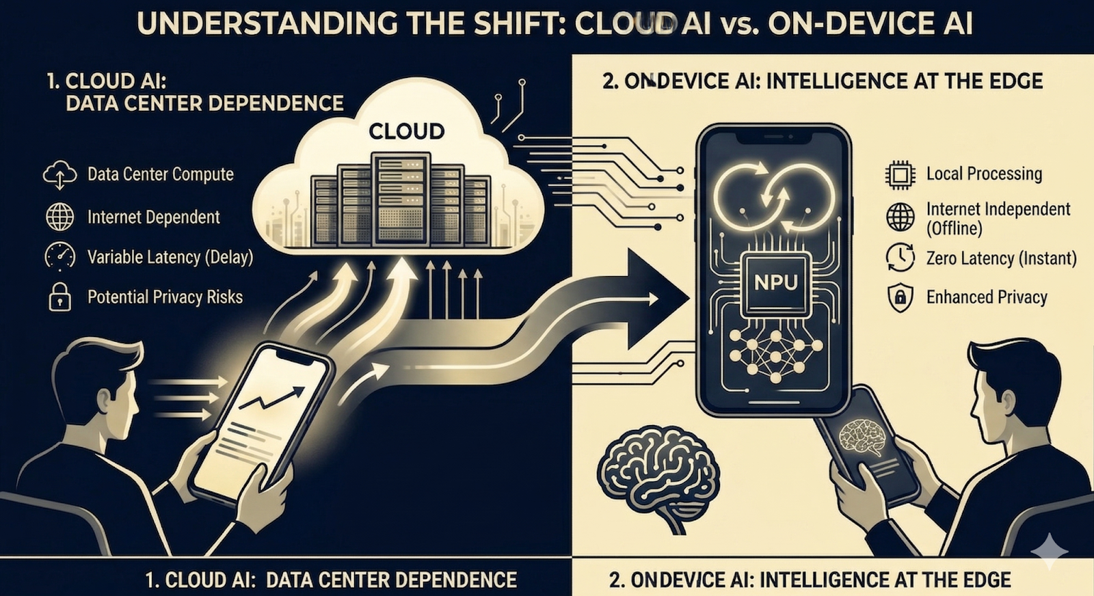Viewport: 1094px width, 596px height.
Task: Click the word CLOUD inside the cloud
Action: coord(406,131)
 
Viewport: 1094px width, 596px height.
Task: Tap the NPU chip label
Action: coord(775,282)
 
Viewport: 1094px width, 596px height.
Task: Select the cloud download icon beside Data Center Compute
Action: coord(59,175)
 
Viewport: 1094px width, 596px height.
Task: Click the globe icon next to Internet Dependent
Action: coord(59,217)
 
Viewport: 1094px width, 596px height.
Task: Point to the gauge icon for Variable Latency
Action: coord(59,257)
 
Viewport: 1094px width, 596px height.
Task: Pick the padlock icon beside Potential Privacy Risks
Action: coord(59,297)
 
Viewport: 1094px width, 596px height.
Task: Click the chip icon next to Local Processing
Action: coord(900,175)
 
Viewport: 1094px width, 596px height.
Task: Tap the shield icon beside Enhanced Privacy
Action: coord(900,298)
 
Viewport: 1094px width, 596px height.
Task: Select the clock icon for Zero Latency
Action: coord(900,258)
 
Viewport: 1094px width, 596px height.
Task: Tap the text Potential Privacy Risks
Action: coord(165,297)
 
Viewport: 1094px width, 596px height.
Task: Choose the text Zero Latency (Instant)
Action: coord(1001,258)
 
